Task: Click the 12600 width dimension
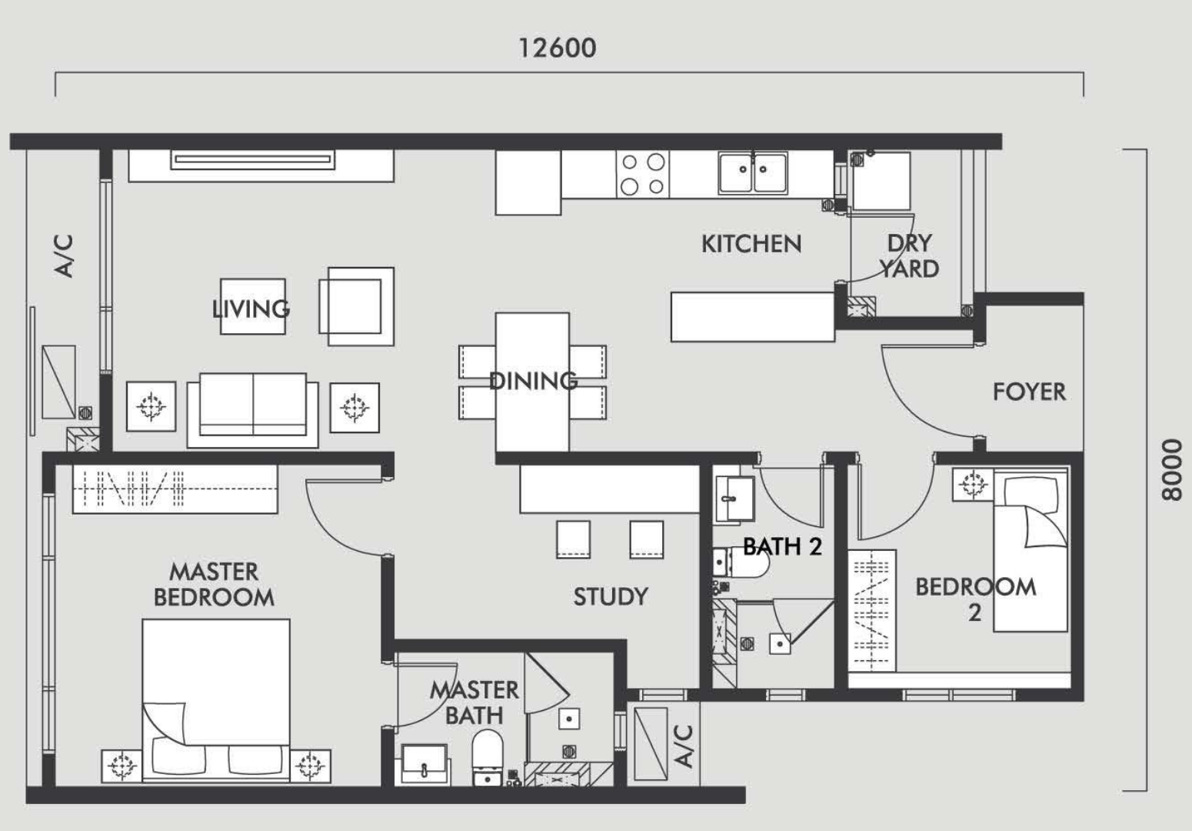[x=557, y=48]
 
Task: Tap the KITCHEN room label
[x=751, y=244]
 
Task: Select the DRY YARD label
[x=910, y=256]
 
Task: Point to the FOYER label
[x=1029, y=392]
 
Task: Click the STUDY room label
[x=611, y=596]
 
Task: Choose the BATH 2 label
[x=782, y=546]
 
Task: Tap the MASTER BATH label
[x=474, y=703]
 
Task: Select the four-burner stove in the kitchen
[x=643, y=174]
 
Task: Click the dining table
[x=532, y=382]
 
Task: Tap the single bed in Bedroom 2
[x=1031, y=550]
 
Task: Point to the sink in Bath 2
[x=734, y=499]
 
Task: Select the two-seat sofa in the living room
[x=253, y=409]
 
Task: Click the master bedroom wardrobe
[x=175, y=489]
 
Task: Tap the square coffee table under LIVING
[x=253, y=307]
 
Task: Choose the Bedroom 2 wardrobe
[x=871, y=611]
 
